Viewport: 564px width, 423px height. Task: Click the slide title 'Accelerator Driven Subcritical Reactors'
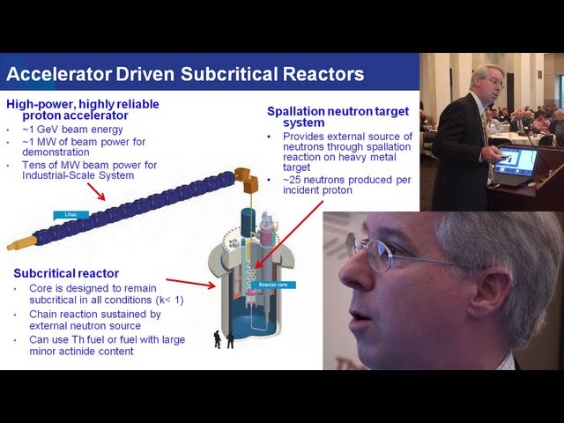click(185, 74)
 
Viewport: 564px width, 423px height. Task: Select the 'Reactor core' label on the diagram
click(268, 285)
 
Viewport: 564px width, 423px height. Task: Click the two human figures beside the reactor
click(224, 339)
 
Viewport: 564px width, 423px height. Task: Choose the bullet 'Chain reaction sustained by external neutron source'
click(94, 320)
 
